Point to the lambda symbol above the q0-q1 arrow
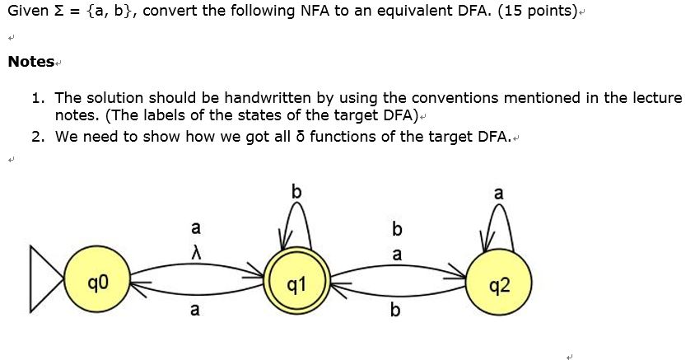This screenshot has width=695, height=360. click(x=195, y=250)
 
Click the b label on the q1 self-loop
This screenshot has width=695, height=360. click(x=296, y=191)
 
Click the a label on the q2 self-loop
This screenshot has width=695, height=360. click(x=498, y=194)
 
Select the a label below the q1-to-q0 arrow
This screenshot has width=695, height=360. click(x=195, y=310)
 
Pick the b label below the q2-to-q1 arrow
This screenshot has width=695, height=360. click(x=396, y=310)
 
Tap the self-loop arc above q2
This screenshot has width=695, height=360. click(x=498, y=216)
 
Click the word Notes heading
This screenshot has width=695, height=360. click(x=30, y=62)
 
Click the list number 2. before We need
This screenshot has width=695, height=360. click(x=38, y=136)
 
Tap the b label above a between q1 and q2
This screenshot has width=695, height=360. click(x=397, y=227)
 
